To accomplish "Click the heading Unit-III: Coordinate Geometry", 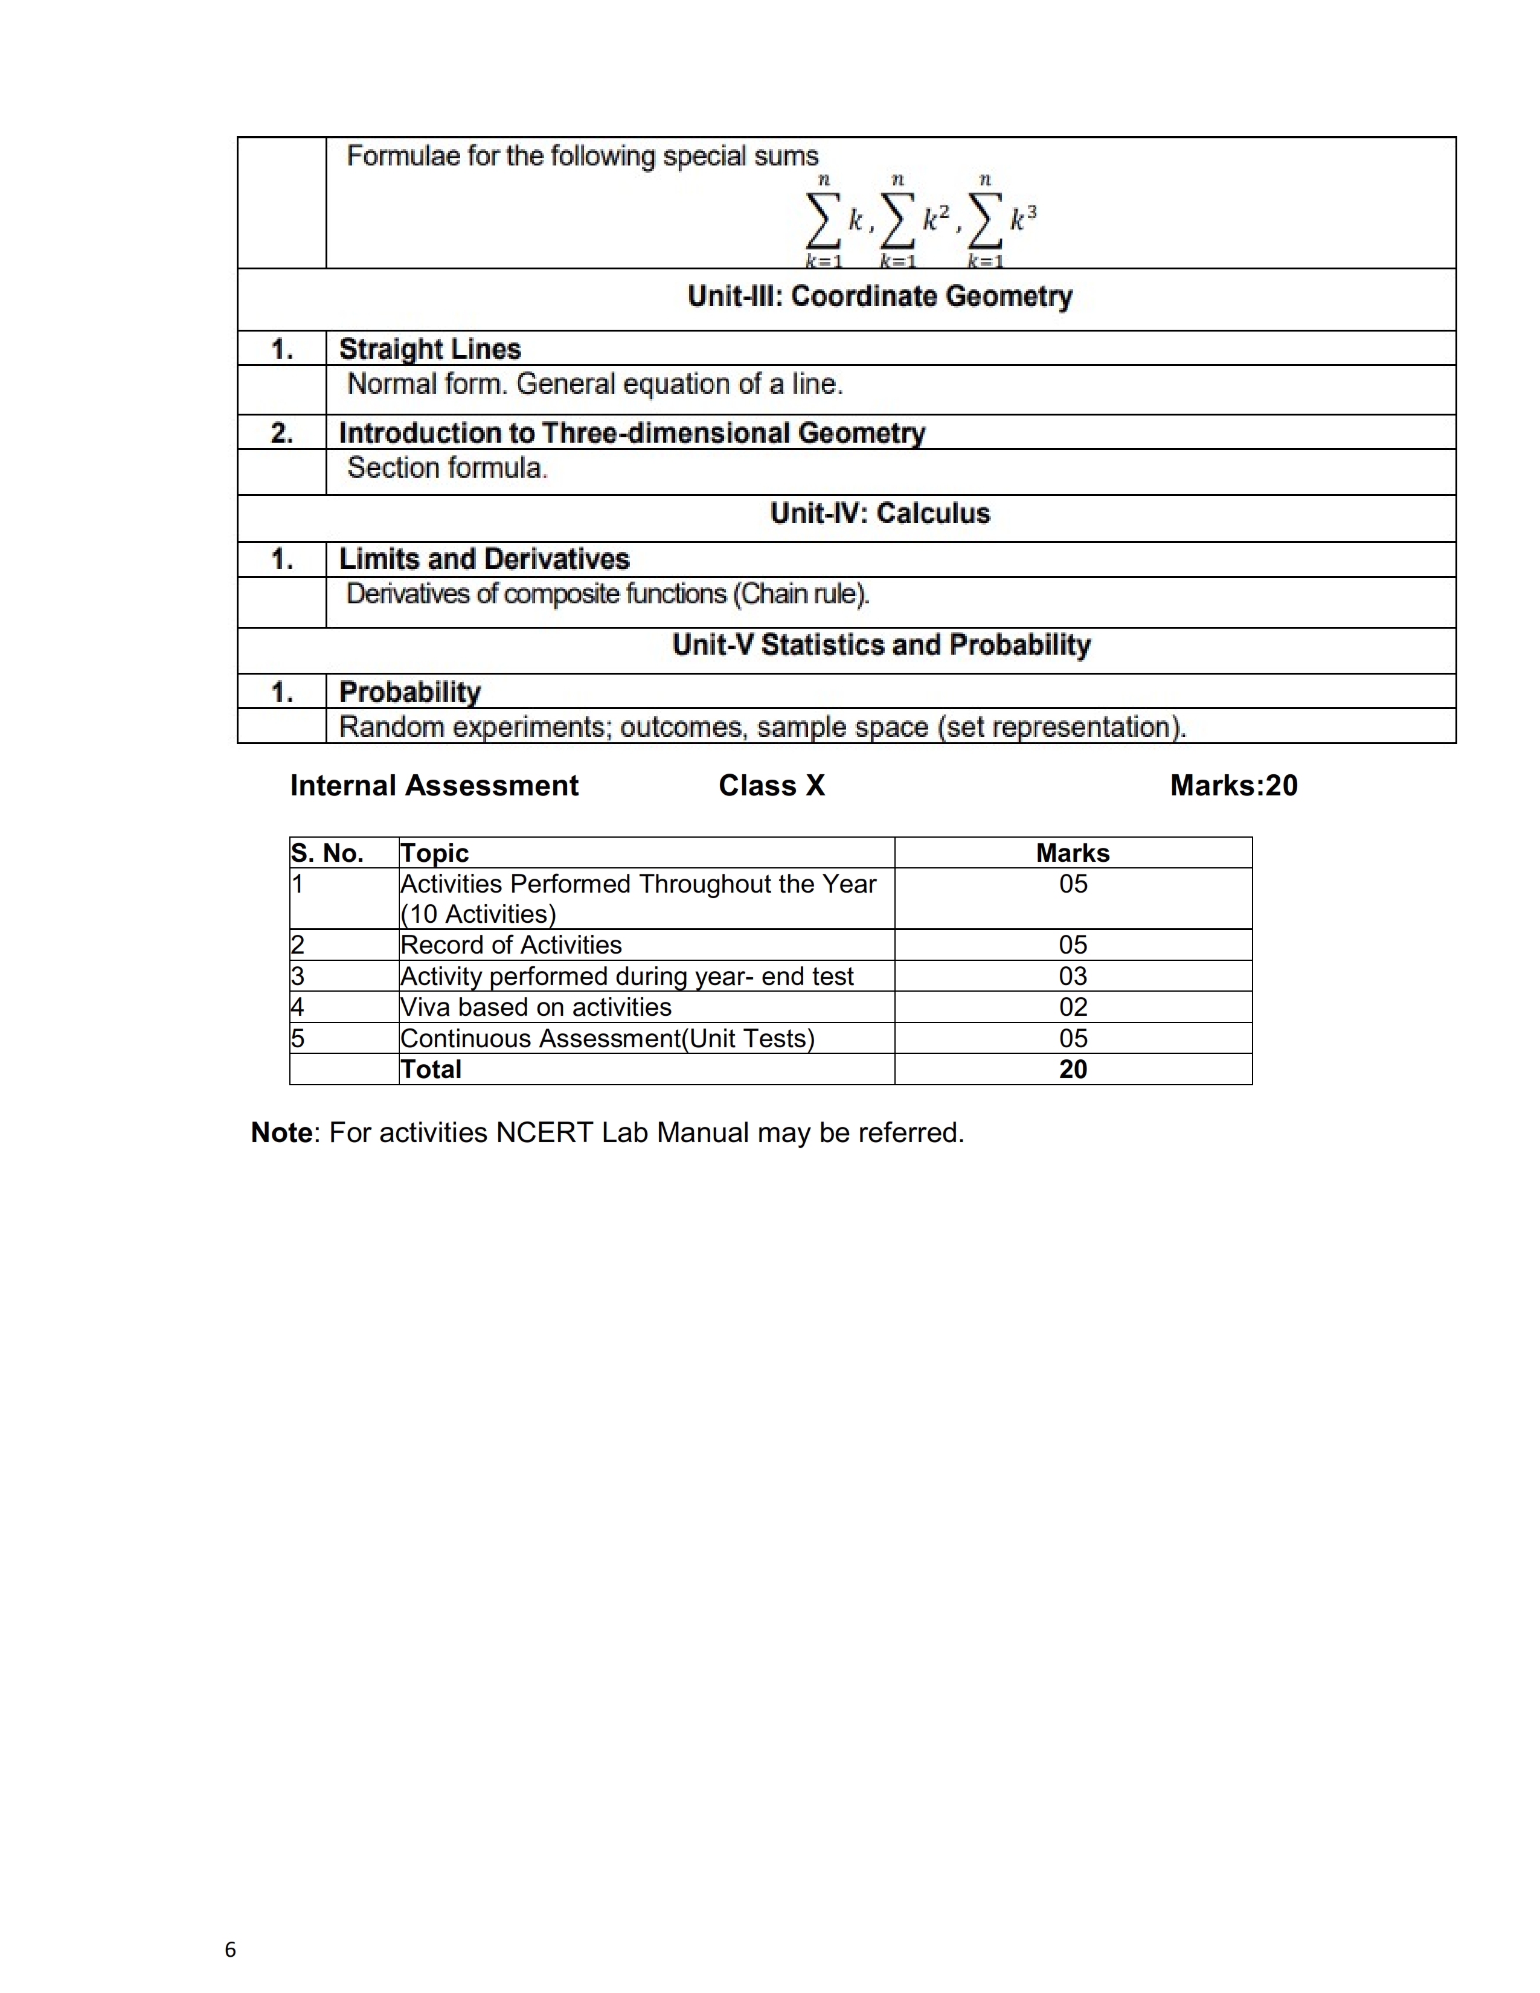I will tap(879, 297).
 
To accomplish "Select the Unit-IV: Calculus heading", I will tap(879, 514).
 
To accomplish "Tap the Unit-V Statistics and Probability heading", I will tap(881, 645).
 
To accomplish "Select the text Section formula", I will tap(447, 468).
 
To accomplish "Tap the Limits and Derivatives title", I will tap(484, 559).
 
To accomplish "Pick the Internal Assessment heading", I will tap(434, 786).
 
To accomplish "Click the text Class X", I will tap(771, 786).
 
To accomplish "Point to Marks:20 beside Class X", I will tap(1233, 786).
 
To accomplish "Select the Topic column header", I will tap(434, 853).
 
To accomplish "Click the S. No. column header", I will tap(327, 853).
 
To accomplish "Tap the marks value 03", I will tap(1073, 977).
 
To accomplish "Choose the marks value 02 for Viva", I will tap(1073, 1007).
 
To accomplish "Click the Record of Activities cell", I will tap(511, 945).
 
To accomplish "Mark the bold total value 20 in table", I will tap(1073, 1070).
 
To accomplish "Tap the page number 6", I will tap(230, 1950).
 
